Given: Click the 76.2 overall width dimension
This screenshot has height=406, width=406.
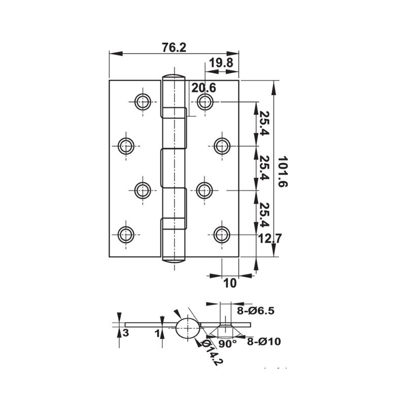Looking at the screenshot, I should coord(174,47).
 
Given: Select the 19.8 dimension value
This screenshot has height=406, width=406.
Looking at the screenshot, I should coord(221,63).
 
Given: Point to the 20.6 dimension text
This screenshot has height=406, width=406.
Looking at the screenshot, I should coord(204,88).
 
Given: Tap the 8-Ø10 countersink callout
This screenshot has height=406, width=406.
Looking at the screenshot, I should coord(264,342).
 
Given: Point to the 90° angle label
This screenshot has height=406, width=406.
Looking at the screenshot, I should coord(228,344).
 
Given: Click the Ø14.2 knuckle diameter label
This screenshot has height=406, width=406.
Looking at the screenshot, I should coord(213,352).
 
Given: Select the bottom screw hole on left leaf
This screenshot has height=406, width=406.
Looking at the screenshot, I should coord(126,234).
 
